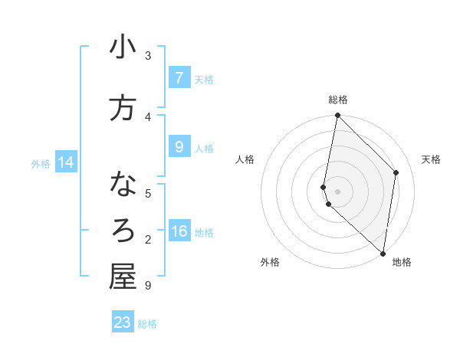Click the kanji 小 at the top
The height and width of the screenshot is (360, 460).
[123, 47]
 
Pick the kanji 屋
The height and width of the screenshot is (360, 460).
[123, 277]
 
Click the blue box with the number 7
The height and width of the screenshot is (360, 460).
[179, 78]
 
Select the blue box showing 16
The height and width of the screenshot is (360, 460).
[179, 232]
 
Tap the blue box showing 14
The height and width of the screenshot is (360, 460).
[65, 162]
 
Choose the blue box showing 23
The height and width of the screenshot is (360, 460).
[122, 322]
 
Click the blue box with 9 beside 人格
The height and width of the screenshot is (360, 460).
[179, 147]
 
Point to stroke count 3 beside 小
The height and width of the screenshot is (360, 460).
[148, 55]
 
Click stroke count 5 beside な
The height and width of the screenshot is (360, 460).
[148, 193]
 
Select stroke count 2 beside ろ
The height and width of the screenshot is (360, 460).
[148, 240]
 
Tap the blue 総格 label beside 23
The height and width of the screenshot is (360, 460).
[147, 324]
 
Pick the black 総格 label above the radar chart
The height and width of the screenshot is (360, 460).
[338, 100]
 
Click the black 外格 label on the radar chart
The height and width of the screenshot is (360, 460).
[270, 262]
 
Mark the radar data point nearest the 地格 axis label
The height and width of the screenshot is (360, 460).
[383, 253]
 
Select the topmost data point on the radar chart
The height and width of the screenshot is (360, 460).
[337, 116]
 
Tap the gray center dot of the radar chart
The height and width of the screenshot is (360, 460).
[337, 191]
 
